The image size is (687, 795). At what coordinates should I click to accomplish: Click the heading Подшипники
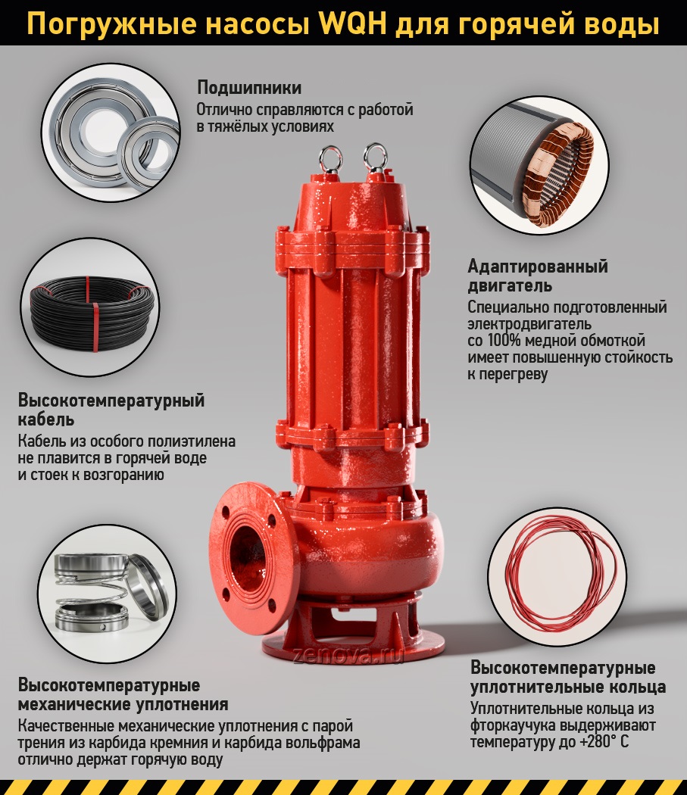click(x=249, y=88)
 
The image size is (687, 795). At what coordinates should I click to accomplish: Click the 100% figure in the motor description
click(x=504, y=340)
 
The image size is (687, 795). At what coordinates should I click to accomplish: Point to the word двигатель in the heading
click(x=510, y=286)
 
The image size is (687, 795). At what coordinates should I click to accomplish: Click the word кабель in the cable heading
click(x=46, y=419)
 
